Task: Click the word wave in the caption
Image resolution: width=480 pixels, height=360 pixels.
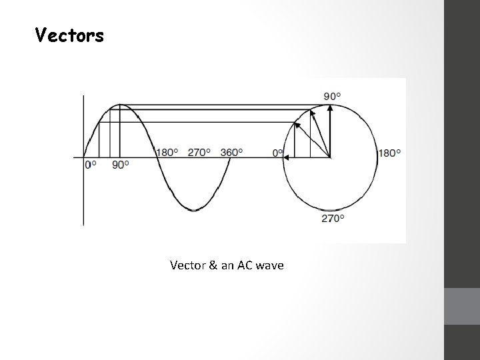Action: [269, 265]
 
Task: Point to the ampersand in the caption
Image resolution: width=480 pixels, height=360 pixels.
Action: [213, 265]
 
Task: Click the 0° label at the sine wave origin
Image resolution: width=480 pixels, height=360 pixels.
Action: [90, 165]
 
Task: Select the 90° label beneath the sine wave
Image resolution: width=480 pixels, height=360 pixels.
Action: [119, 165]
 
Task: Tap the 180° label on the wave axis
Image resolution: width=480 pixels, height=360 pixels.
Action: [167, 152]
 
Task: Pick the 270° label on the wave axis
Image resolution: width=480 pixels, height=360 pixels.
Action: [199, 152]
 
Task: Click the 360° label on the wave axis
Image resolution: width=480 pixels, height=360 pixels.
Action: [231, 152]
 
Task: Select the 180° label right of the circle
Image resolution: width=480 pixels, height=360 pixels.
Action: [389, 153]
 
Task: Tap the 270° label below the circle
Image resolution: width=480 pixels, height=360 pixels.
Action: [333, 219]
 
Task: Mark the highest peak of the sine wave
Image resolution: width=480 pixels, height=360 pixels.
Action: [119, 105]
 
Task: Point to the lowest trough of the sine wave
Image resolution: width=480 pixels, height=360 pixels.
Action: [193, 210]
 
